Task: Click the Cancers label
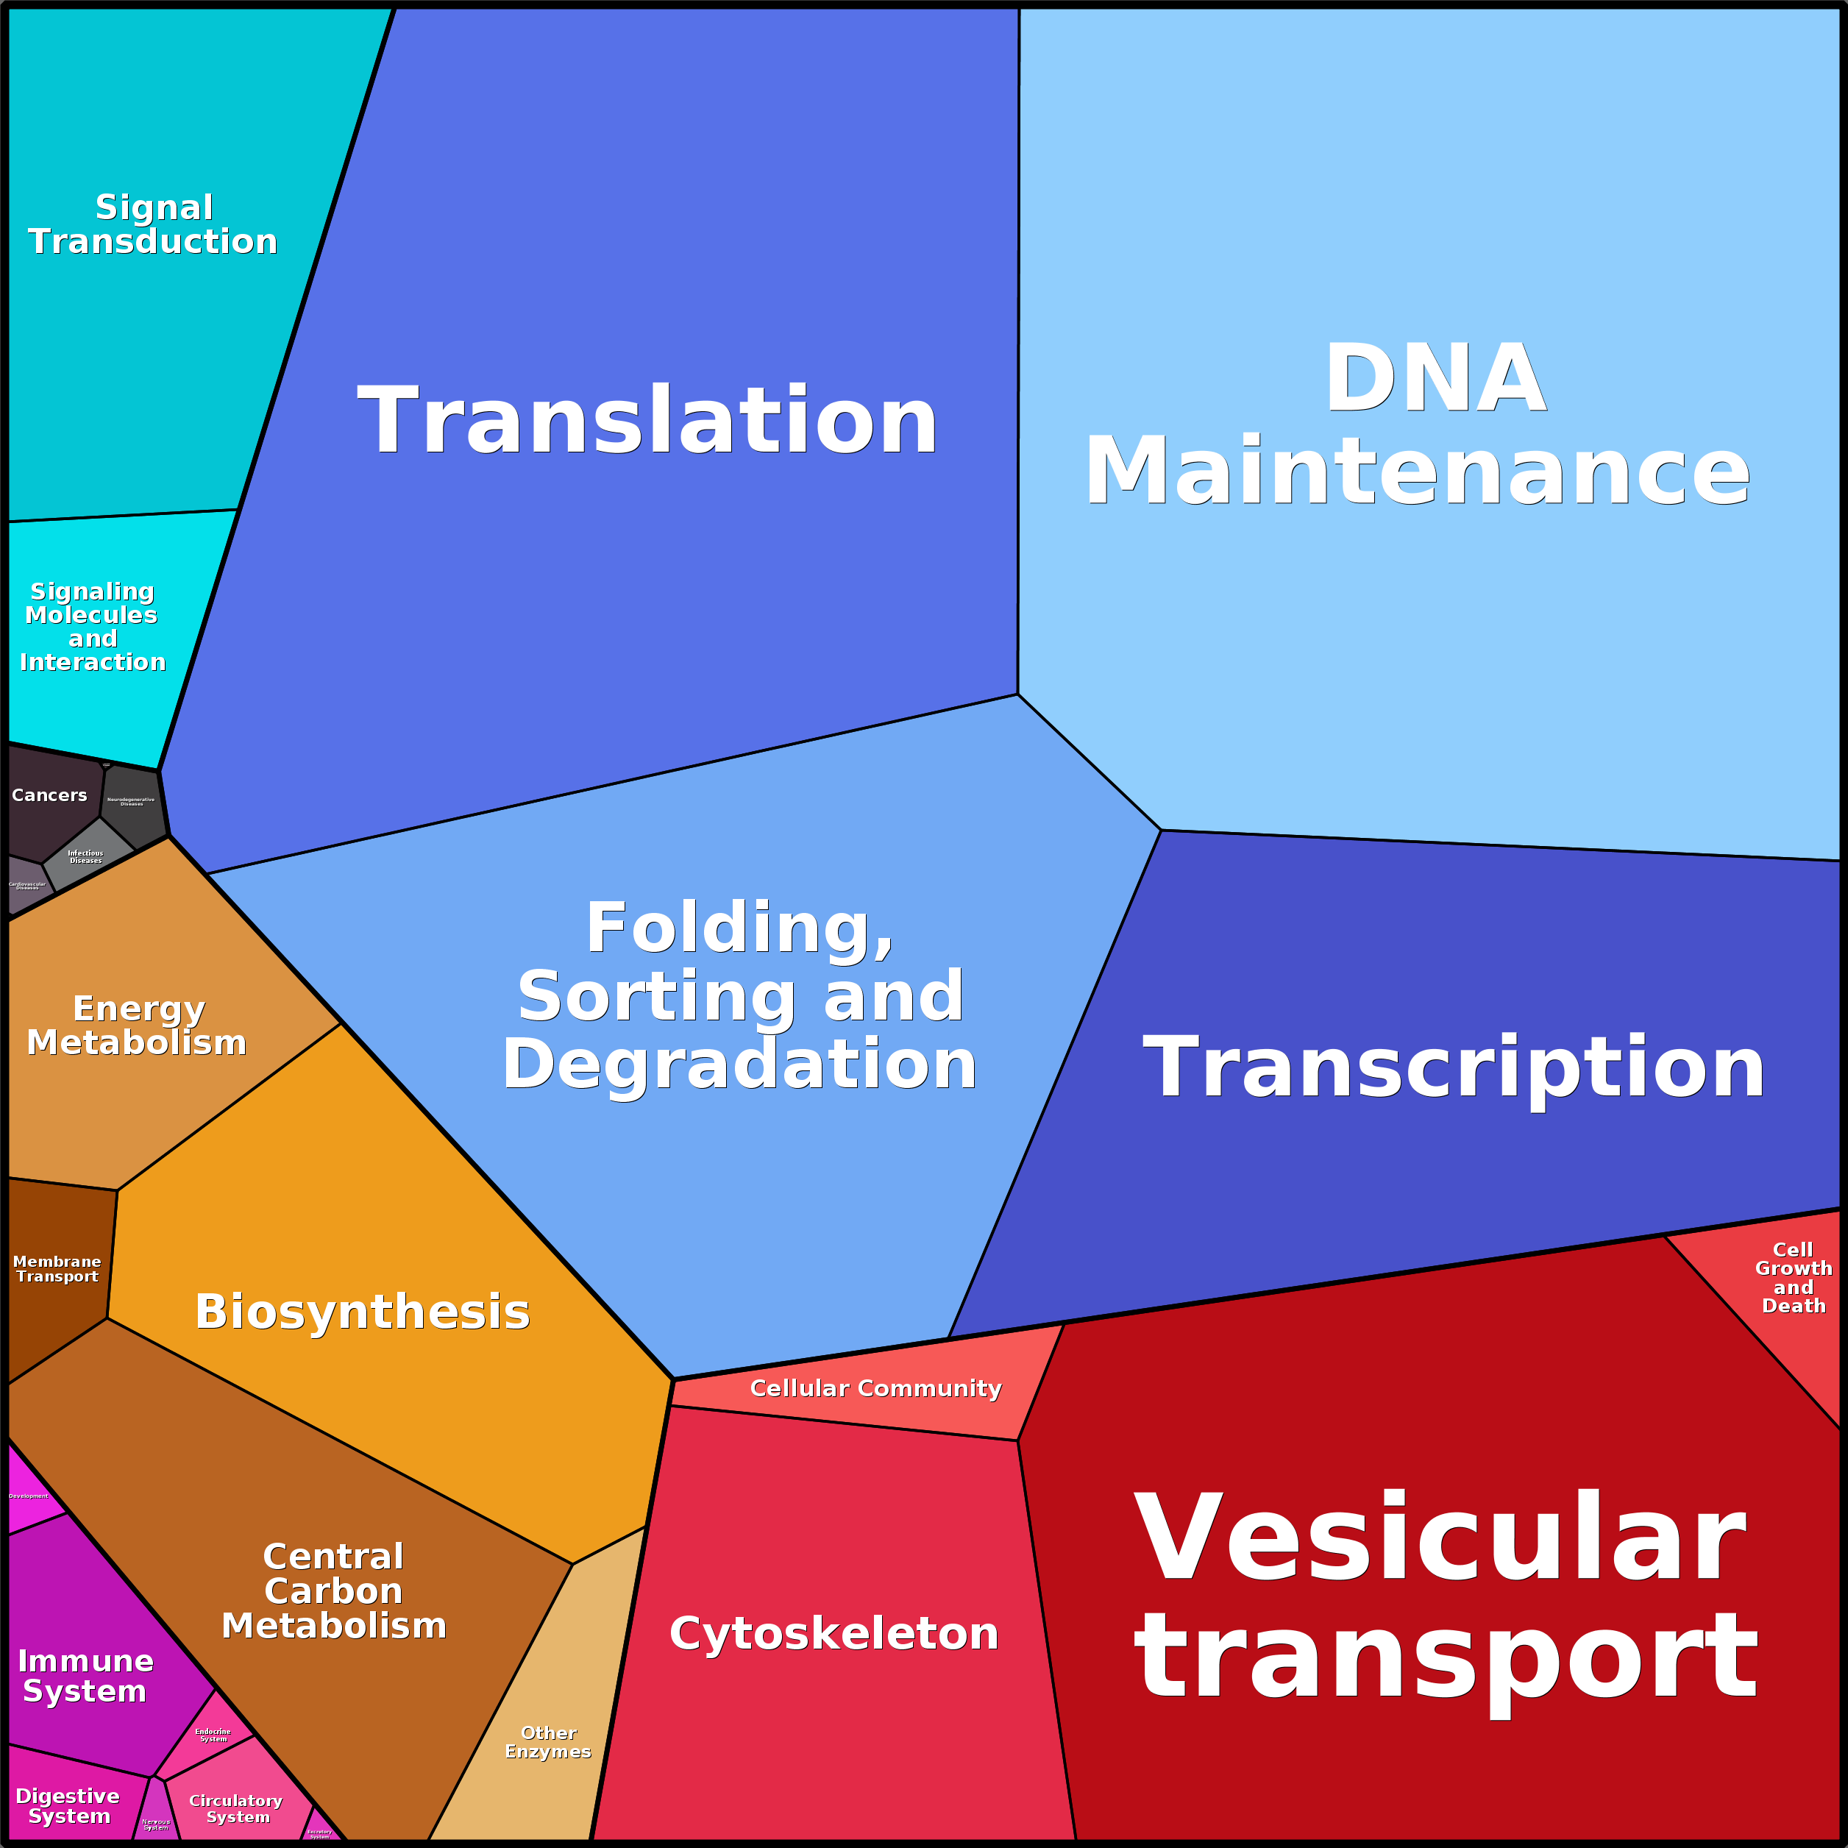(x=49, y=795)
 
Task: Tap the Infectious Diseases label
(x=85, y=856)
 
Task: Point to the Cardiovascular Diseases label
(x=26, y=886)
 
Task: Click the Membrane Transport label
(x=57, y=1268)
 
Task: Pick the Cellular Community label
(x=875, y=1388)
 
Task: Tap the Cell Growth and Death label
(x=1794, y=1277)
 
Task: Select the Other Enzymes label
(x=548, y=1742)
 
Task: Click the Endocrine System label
(x=213, y=1735)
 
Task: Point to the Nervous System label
(x=156, y=1824)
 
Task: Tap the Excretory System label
(x=319, y=1833)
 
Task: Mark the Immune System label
(x=85, y=1675)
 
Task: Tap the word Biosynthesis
(x=363, y=1312)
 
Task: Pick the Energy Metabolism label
(x=137, y=1026)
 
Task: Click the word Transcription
(x=1454, y=1067)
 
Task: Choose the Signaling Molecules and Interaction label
(x=92, y=627)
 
